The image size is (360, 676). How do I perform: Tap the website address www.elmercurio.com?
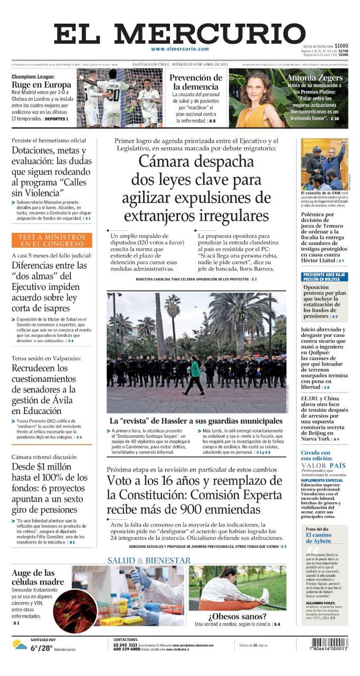point(179,49)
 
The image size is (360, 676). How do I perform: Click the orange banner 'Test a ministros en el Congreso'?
point(51,240)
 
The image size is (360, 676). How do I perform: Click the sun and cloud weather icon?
point(20,645)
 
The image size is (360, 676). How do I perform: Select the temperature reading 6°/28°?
point(41,648)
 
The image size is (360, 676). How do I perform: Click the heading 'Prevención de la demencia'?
point(196,82)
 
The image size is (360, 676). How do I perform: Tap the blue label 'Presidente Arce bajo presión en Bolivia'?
point(325,277)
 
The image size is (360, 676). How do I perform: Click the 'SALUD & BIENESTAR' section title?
point(149,560)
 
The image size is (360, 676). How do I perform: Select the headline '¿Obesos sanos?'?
point(237,616)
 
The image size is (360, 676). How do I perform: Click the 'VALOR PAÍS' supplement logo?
point(324,465)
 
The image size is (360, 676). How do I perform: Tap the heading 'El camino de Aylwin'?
point(318,538)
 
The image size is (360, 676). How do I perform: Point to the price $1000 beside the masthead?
point(341,45)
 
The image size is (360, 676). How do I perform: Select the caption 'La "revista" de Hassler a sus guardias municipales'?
point(196,421)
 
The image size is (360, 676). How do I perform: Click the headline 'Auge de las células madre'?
point(37,577)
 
